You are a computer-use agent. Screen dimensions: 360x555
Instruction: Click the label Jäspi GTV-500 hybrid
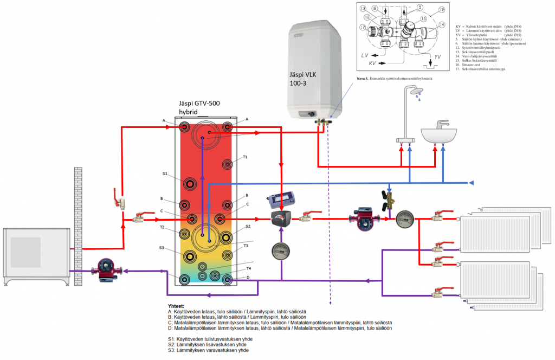click(199, 107)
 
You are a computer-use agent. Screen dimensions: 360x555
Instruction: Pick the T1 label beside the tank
click(245, 157)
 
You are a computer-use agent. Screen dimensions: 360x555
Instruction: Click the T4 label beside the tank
click(248, 268)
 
